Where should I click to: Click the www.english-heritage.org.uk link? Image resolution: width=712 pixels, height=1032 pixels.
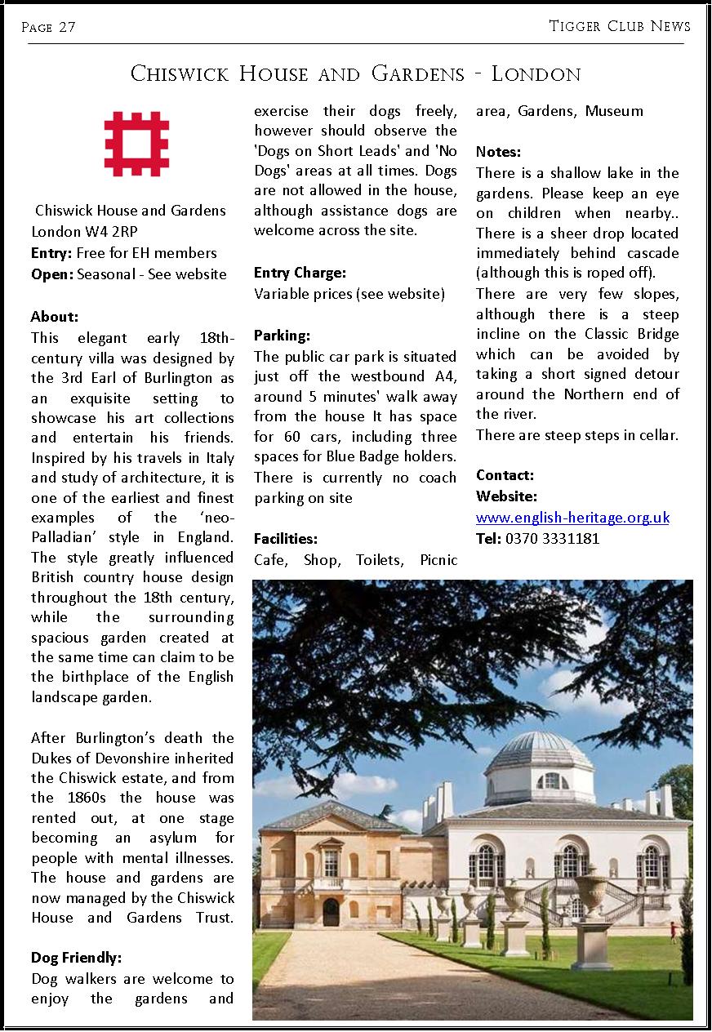coord(572,518)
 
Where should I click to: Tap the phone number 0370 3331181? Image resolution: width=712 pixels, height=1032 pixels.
coord(552,538)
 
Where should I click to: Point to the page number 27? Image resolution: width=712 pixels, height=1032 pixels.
coord(67,27)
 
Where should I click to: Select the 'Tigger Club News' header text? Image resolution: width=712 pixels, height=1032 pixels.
coord(620,26)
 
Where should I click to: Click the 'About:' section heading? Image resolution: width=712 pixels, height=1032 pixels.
coord(54,317)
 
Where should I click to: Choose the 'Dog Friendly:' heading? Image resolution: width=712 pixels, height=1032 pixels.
coord(75,958)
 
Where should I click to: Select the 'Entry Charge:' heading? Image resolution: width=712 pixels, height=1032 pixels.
coord(300,273)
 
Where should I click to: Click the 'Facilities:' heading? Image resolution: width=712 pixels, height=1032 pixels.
coord(286,539)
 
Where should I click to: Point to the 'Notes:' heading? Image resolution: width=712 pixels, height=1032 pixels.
coord(498,152)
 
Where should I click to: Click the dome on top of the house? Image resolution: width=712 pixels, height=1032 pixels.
coord(545,752)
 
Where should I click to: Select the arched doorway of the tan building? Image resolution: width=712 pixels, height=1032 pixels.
coord(331,911)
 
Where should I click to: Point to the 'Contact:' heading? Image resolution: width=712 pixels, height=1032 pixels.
coord(505,475)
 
